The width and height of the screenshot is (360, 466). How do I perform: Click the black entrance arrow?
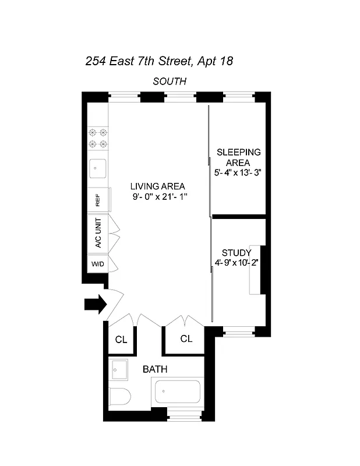[x=95, y=303]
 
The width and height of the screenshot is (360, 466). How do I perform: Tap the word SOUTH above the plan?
[x=170, y=82]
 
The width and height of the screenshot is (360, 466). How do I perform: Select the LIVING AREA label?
[x=159, y=186]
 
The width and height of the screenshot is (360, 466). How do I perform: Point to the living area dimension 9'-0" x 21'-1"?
[x=159, y=197]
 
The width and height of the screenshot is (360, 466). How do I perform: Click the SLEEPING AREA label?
[x=238, y=157]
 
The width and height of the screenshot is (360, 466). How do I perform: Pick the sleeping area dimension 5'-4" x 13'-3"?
[x=238, y=173]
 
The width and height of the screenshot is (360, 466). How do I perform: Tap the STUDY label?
[x=237, y=253]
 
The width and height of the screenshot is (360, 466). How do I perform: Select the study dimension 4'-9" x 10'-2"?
[x=237, y=263]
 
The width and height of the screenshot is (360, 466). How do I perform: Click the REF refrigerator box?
[x=97, y=200]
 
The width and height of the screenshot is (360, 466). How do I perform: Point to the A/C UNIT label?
[x=97, y=234]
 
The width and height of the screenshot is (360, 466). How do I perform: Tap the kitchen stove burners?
[x=97, y=138]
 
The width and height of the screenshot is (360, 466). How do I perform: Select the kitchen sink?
[x=97, y=170]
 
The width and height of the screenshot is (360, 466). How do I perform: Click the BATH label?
[x=156, y=369]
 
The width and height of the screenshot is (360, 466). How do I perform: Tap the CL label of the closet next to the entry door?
[x=121, y=339]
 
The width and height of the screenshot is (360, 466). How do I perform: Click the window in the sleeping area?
[x=238, y=97]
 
